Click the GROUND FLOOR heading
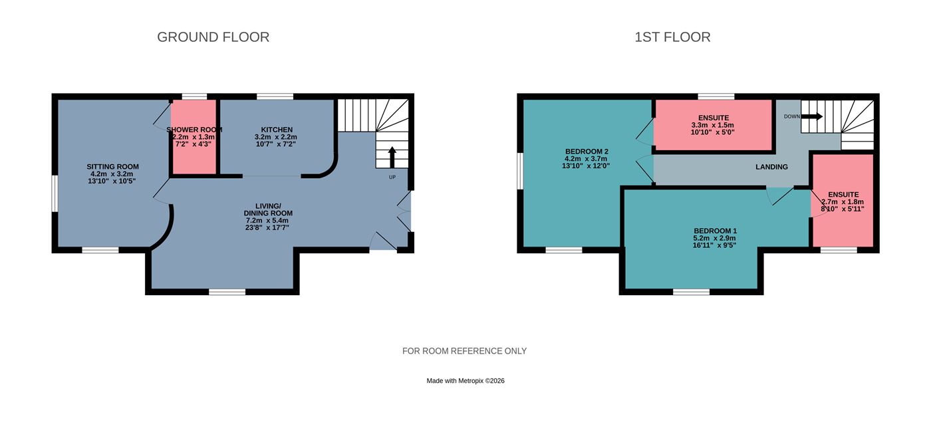213,37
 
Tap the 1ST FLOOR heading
672,37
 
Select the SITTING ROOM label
112,167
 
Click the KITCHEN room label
277,130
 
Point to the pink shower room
194,137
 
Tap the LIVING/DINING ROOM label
268,209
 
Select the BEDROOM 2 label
587,152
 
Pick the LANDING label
772,167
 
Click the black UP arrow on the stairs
392,157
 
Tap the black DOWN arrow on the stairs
812,116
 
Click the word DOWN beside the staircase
792,117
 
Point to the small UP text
392,177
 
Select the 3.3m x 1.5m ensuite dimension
713,125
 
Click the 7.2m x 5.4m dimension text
267,220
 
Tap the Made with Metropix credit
465,380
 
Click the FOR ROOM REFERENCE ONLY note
464,351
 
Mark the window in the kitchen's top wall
275,96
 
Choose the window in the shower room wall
194,96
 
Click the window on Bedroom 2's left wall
519,171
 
